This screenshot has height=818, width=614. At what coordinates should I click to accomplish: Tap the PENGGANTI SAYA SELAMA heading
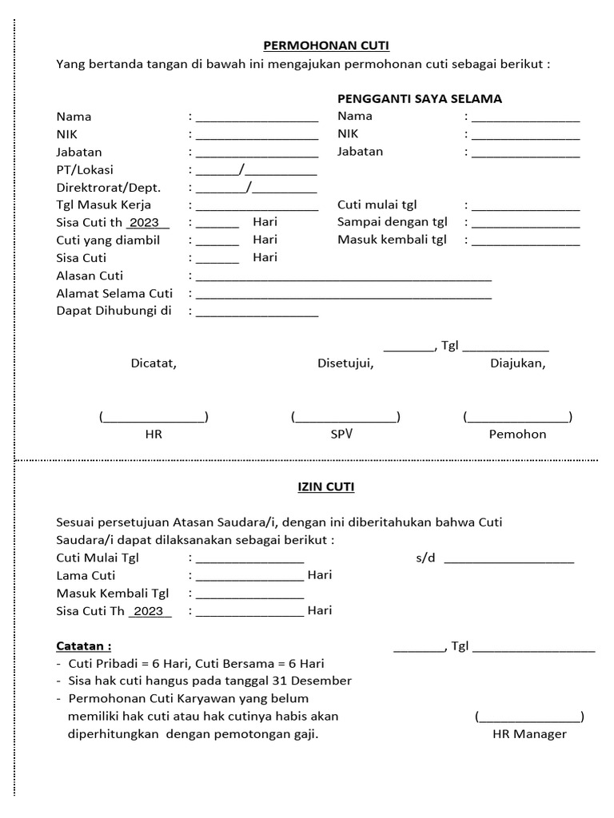point(419,99)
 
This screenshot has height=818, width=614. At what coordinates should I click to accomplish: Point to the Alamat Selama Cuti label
point(114,293)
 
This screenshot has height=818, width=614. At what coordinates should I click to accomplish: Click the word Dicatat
point(153,363)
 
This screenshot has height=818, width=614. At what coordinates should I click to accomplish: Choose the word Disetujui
point(345,363)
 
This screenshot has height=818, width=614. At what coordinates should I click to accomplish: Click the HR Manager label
point(529,734)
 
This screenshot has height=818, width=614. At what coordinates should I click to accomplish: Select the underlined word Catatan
point(83,645)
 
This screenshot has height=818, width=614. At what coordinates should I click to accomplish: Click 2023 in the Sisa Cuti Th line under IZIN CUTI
point(149,611)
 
